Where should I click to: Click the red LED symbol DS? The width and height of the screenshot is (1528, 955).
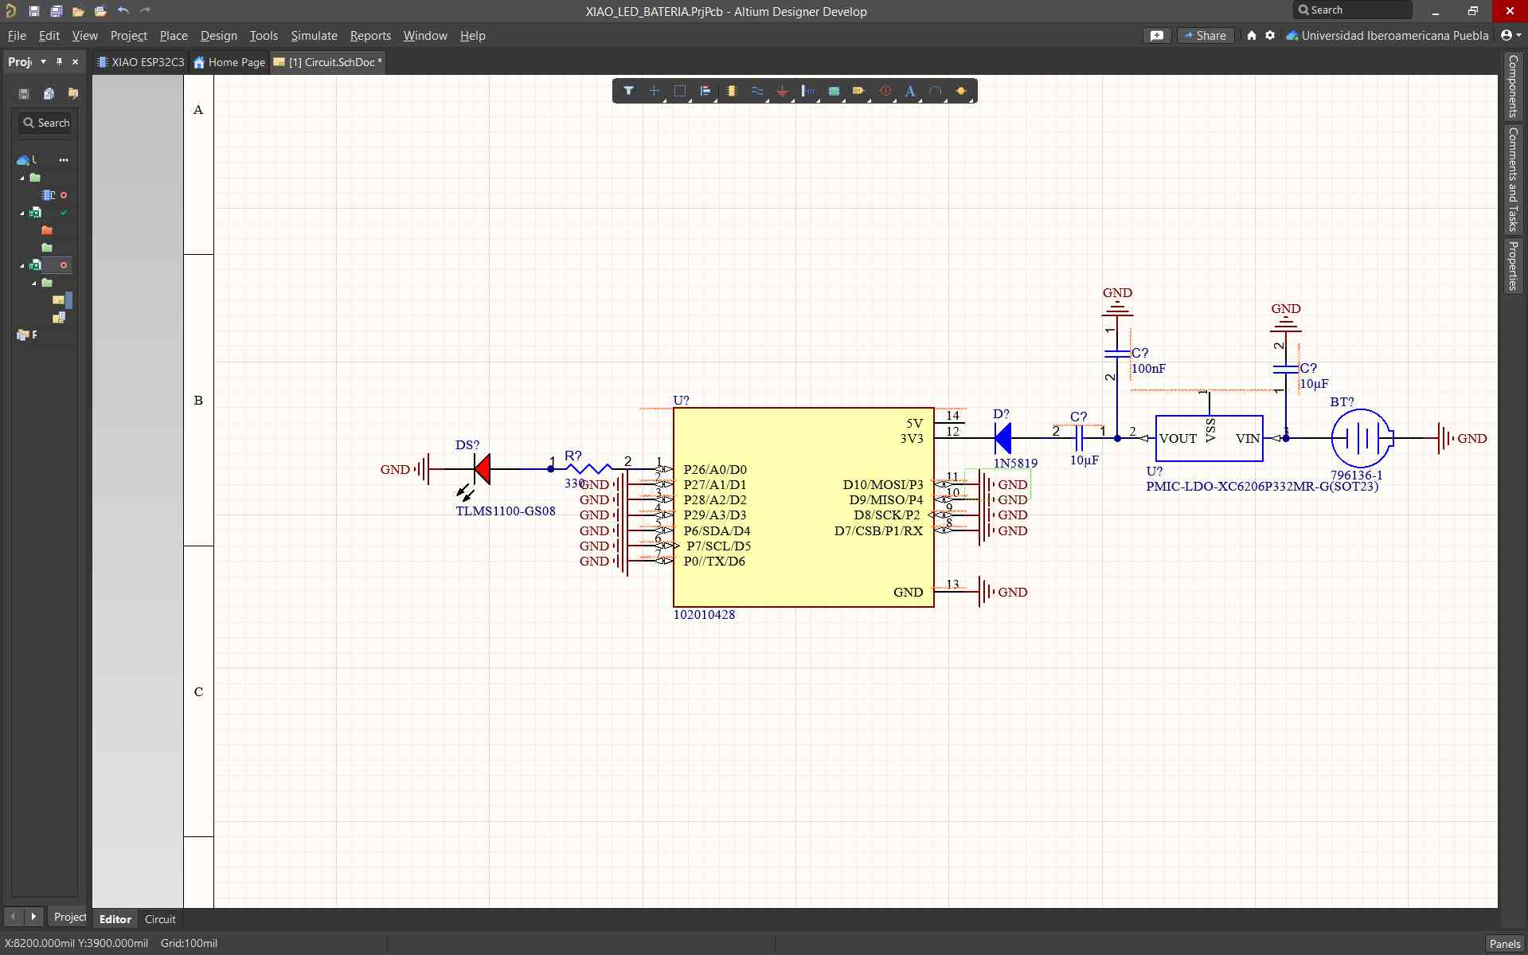point(482,469)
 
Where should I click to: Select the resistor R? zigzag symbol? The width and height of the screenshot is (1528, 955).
point(588,469)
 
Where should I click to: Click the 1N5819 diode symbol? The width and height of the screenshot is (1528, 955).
point(1003,438)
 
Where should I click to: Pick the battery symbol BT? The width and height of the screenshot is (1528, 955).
point(1362,438)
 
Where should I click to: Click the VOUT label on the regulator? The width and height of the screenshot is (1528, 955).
point(1178,439)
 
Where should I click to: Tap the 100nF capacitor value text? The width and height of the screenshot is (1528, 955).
point(1148,369)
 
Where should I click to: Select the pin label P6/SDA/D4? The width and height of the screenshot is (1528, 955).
point(717,530)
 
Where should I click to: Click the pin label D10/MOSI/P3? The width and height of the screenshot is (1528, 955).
point(882,485)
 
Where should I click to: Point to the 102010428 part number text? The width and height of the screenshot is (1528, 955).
point(704,615)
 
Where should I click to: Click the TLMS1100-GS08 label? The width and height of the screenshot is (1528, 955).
point(506,511)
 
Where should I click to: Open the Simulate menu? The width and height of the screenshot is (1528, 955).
point(314,36)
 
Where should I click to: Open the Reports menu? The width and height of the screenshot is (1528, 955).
point(370,36)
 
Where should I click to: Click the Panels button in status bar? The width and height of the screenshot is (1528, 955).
point(1504,943)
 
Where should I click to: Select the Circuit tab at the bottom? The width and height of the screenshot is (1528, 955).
point(160,919)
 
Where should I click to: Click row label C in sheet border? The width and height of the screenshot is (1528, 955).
point(198,691)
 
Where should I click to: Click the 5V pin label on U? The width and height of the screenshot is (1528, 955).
point(914,424)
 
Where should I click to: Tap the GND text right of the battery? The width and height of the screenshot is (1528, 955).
point(1471,439)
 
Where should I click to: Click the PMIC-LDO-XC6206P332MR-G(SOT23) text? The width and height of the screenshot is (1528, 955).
point(1261,487)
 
